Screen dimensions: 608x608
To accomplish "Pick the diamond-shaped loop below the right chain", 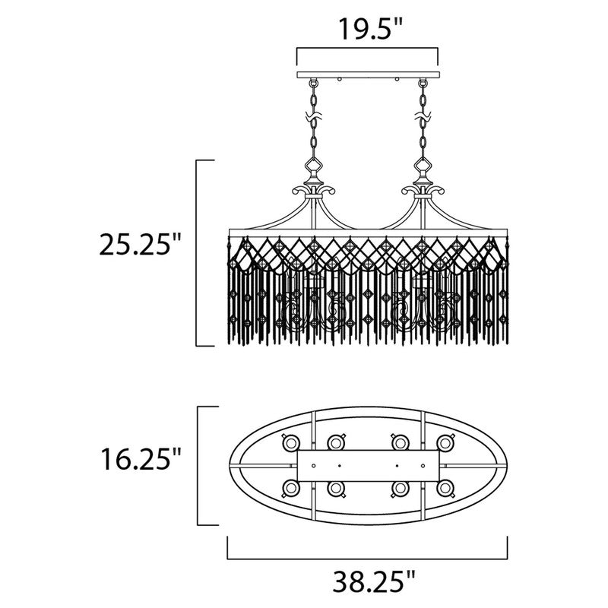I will (x=421, y=166).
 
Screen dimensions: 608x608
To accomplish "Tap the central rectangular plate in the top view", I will (x=367, y=464).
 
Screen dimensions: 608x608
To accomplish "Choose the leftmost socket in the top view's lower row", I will (x=290, y=487).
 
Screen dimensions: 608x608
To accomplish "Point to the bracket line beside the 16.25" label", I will (x=199, y=466).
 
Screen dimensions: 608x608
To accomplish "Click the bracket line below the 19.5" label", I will (x=367, y=49).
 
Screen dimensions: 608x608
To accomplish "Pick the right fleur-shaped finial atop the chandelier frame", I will (x=421, y=187).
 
